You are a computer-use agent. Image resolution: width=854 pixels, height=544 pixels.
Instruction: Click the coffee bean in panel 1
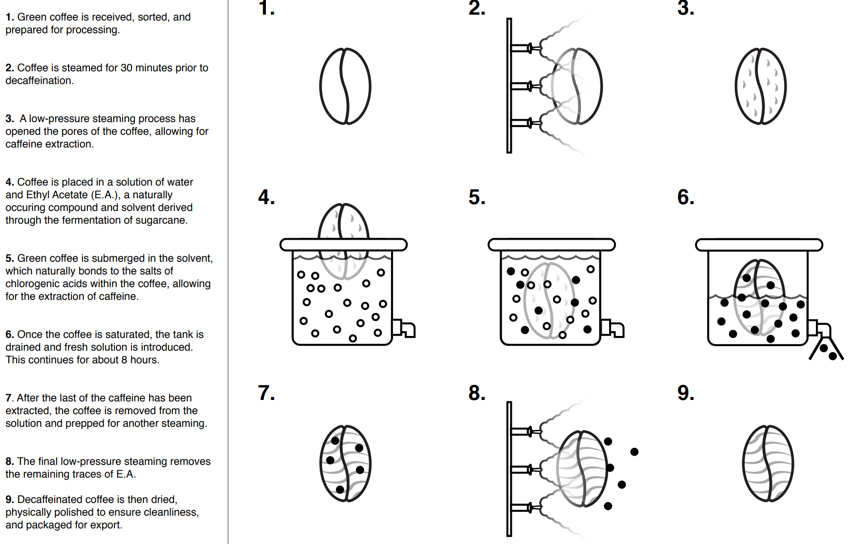(345, 86)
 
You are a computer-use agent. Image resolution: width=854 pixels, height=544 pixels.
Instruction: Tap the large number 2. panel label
(477, 8)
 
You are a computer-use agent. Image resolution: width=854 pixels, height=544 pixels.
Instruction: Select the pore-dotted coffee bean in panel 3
(760, 86)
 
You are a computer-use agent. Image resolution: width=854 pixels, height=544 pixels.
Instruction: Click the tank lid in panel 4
(343, 244)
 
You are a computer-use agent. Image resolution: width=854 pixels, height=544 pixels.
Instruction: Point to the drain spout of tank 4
(404, 328)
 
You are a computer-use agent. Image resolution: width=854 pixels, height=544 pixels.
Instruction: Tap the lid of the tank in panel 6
(759, 244)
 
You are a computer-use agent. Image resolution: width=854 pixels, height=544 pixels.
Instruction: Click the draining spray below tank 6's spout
(827, 349)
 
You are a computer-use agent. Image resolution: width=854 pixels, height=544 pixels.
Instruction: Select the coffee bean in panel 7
(345, 463)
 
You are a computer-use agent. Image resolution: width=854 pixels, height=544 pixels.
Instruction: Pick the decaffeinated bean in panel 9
(767, 463)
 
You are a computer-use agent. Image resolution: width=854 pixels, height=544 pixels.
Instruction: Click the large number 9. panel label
(685, 393)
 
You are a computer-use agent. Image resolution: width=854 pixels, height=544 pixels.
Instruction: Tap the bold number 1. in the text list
(10, 17)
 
